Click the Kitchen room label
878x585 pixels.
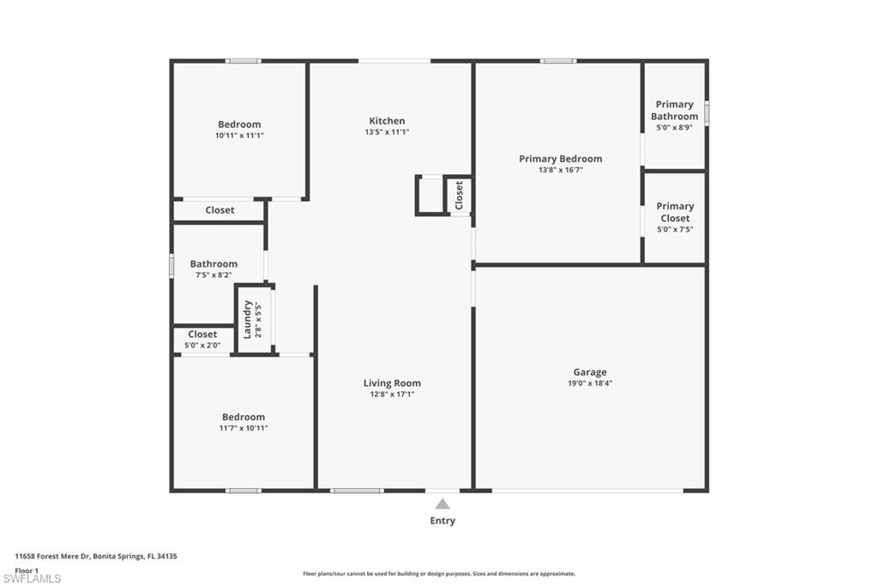pos(387,120)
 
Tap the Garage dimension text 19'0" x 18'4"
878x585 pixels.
pos(590,383)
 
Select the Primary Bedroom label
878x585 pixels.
pos(561,159)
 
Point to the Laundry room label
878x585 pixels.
pos(247,319)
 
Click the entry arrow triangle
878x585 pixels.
pos(442,504)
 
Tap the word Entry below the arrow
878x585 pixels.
pos(442,521)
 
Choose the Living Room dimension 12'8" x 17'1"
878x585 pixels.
pos(391,395)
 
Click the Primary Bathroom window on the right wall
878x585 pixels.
pos(707,112)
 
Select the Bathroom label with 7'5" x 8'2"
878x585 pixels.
pos(213,264)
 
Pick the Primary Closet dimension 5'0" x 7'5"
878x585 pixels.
pos(675,229)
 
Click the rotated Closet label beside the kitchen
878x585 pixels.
pos(460,195)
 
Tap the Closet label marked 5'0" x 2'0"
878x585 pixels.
pos(202,334)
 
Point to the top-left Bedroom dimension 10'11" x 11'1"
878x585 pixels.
pos(239,136)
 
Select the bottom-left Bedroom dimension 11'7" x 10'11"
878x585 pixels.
pos(244,428)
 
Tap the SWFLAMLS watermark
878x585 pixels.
pos(32,578)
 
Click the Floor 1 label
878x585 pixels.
pos(27,570)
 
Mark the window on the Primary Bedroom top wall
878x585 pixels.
pos(558,61)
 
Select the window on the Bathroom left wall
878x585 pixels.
pos(171,266)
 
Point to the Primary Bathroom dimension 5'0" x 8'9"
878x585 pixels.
pos(675,127)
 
